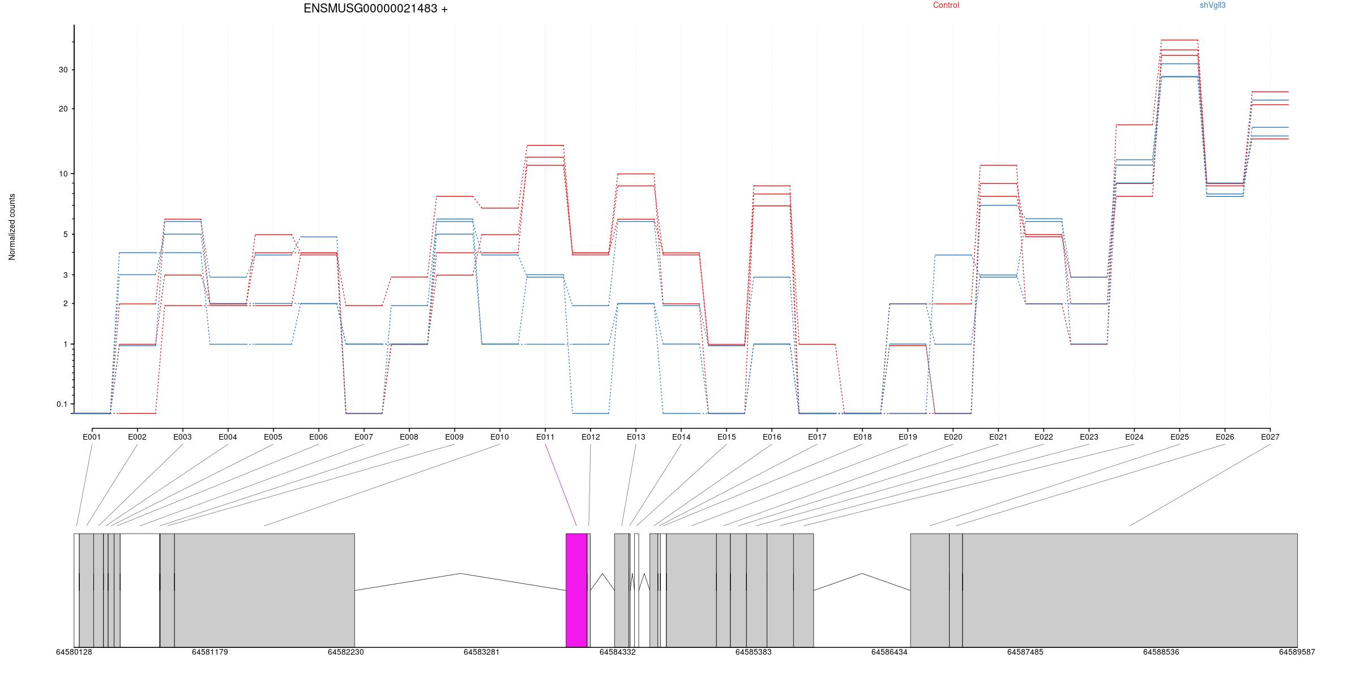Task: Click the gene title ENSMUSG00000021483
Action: tap(370, 8)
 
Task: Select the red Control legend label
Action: tap(946, 5)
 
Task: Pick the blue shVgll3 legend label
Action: tap(1213, 5)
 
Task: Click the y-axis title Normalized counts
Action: tap(12, 227)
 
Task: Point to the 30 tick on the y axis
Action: tap(62, 70)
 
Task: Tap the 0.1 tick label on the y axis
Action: tap(62, 404)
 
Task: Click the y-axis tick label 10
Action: tap(62, 174)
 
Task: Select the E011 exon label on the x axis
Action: tap(545, 437)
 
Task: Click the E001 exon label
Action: tap(92, 437)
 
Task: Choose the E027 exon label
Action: tap(1270, 437)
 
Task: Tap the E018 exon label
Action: tap(862, 437)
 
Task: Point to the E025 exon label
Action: tap(1179, 437)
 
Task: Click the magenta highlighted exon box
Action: tap(576, 590)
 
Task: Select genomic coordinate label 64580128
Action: tap(74, 652)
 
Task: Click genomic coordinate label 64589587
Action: tap(1297, 652)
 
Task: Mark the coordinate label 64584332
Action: tap(618, 652)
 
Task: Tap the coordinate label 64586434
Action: tap(889, 652)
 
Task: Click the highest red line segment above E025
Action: tap(1179, 40)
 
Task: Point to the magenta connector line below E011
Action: tap(561, 485)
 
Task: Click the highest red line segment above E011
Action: tap(545, 145)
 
